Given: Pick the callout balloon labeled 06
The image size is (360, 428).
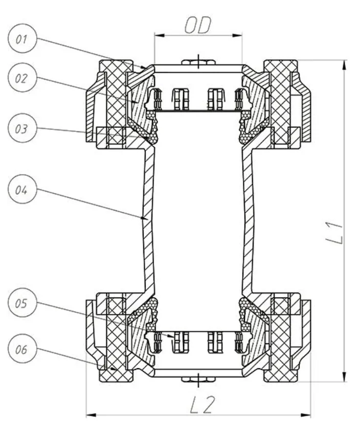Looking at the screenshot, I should [x=21, y=351].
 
